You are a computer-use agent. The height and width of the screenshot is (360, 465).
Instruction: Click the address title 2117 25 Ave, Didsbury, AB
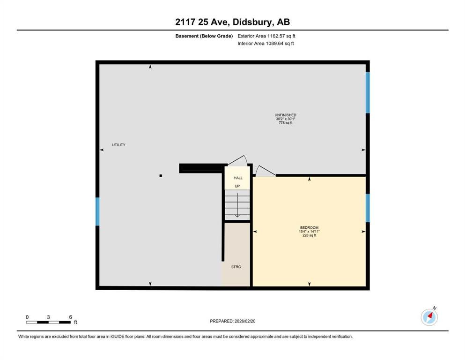pyautogui.click(x=232, y=22)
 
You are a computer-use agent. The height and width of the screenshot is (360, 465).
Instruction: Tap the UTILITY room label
pyautogui.click(x=118, y=145)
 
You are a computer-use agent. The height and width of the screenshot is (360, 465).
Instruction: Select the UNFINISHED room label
pyautogui.click(x=285, y=115)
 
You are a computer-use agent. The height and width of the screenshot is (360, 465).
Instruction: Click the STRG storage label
pyautogui.click(x=236, y=267)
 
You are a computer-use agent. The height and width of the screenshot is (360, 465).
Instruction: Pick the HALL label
pyautogui.click(x=238, y=178)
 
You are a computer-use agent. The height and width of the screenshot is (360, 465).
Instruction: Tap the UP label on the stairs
pyautogui.click(x=237, y=186)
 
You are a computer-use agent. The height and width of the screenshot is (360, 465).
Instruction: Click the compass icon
pyautogui.click(x=429, y=317)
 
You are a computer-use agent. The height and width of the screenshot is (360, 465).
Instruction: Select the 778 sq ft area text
pyautogui.click(x=285, y=123)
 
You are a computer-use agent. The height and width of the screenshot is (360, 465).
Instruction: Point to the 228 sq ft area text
pyautogui.click(x=309, y=235)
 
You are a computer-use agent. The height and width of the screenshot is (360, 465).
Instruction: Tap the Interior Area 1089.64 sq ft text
pyautogui.click(x=266, y=44)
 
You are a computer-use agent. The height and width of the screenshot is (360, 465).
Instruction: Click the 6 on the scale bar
pyautogui.click(x=70, y=317)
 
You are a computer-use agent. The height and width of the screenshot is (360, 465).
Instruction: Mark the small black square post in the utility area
pyautogui.click(x=161, y=176)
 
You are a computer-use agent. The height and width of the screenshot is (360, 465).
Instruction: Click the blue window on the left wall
pyautogui.click(x=98, y=211)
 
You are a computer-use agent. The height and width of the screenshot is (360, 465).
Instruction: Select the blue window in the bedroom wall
pyautogui.click(x=368, y=208)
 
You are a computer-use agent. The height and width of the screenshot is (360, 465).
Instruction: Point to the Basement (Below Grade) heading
pyautogui.click(x=207, y=36)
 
